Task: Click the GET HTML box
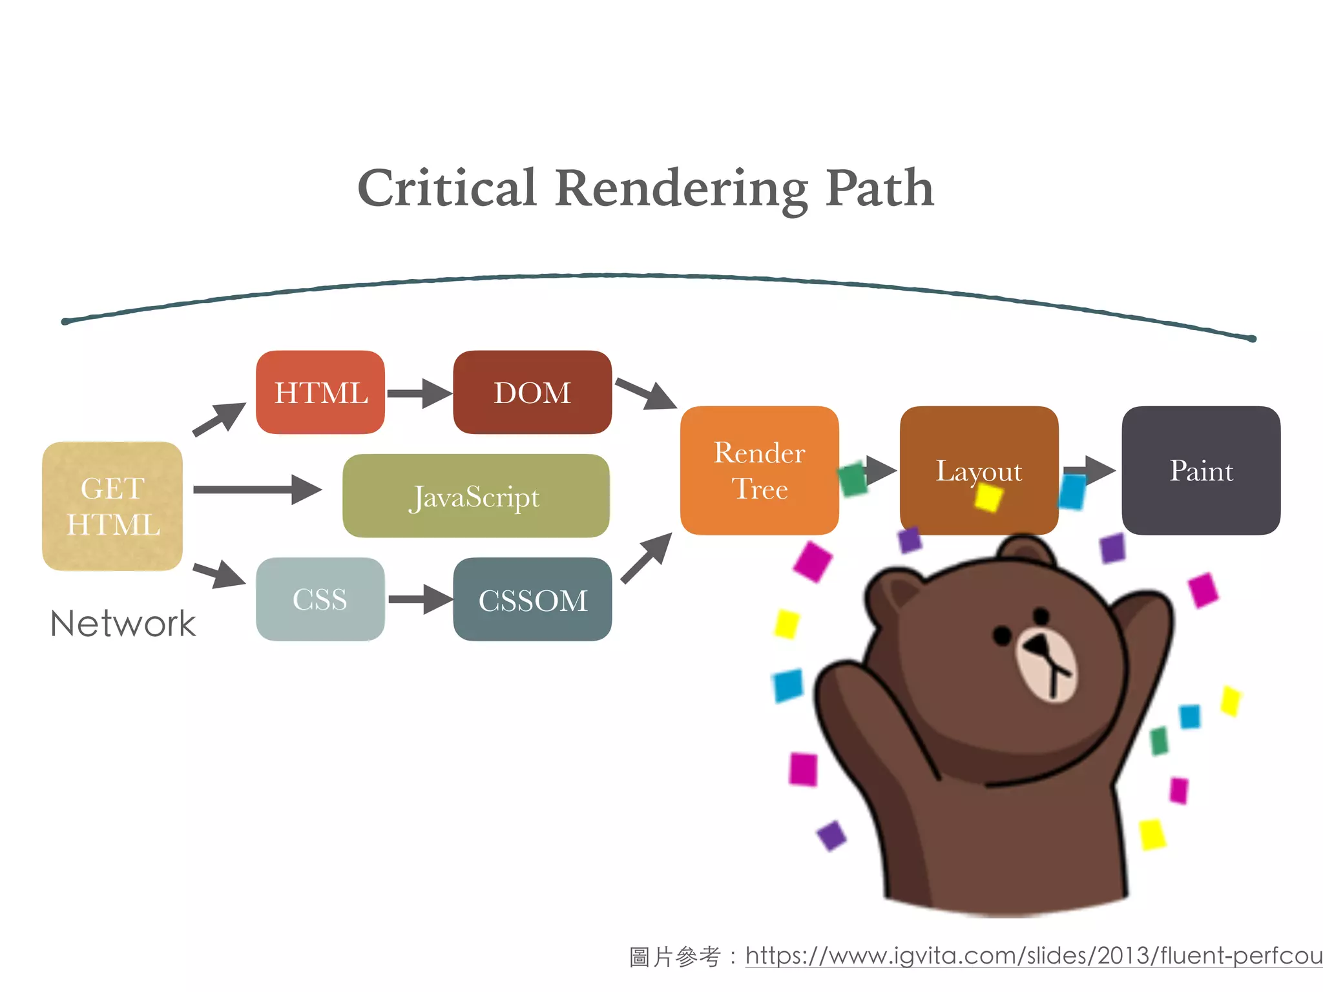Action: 112,506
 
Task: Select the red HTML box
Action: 320,393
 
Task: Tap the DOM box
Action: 532,393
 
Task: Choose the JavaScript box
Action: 476,496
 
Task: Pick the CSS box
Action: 320,599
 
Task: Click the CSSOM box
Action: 532,599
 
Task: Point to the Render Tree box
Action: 759,470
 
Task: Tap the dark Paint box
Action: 1201,470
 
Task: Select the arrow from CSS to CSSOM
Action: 420,599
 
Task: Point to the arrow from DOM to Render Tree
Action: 646,393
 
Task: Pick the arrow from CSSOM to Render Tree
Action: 647,558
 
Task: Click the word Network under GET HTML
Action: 123,624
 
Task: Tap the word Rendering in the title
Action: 681,189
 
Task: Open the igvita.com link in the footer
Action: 1034,956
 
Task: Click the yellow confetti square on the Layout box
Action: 988,497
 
